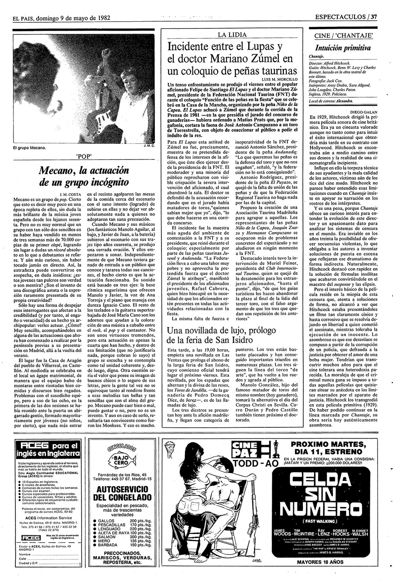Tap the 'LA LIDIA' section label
(234, 35)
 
